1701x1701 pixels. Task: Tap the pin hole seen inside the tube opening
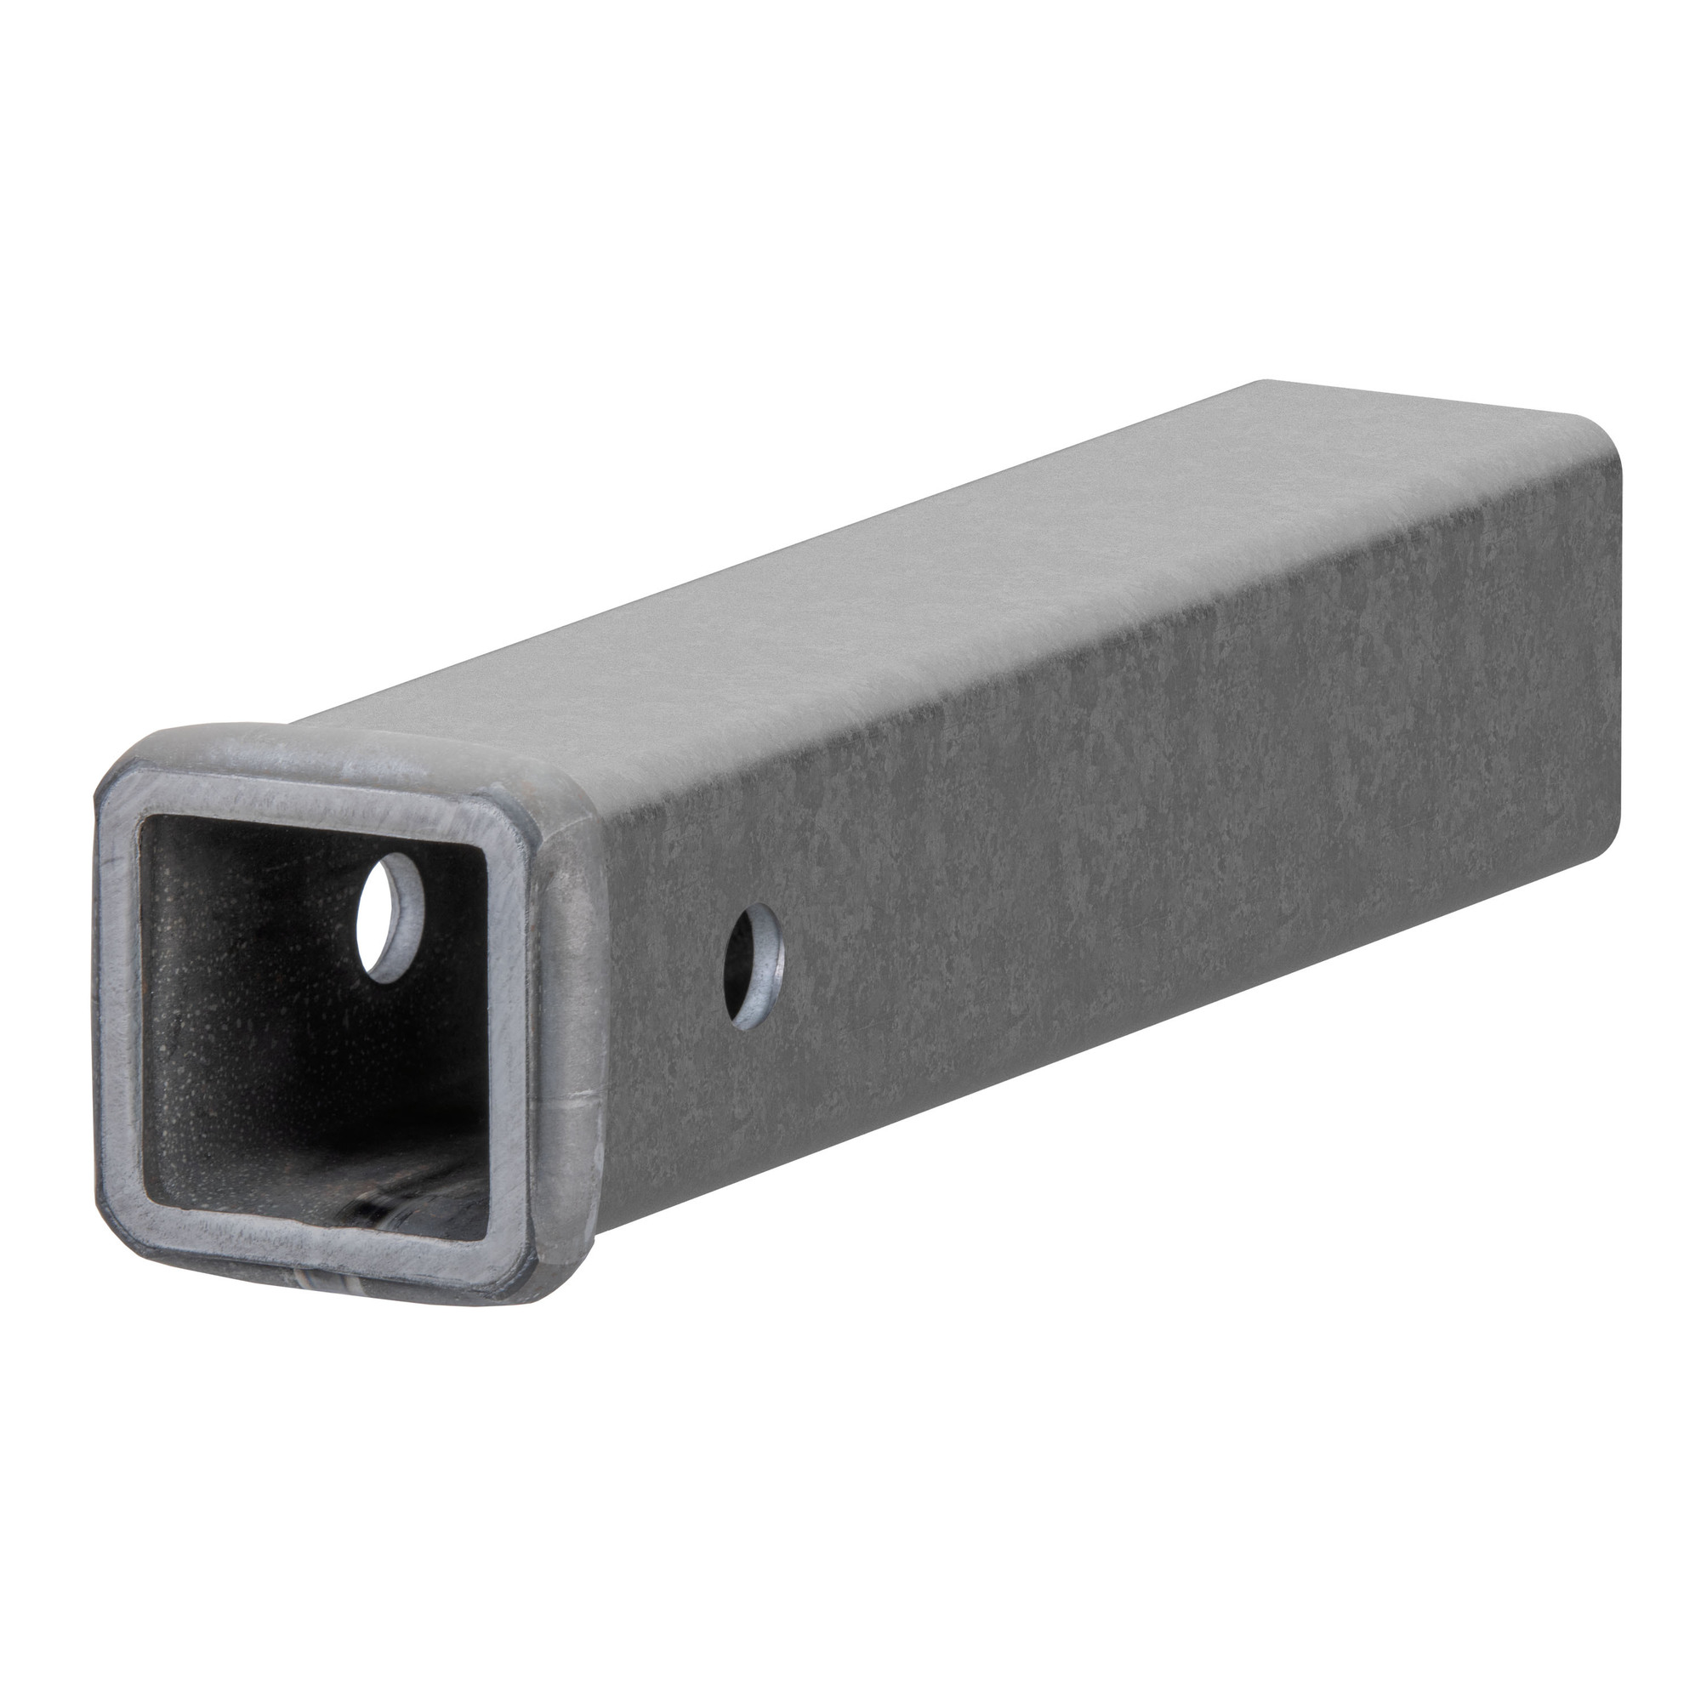(390, 917)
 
